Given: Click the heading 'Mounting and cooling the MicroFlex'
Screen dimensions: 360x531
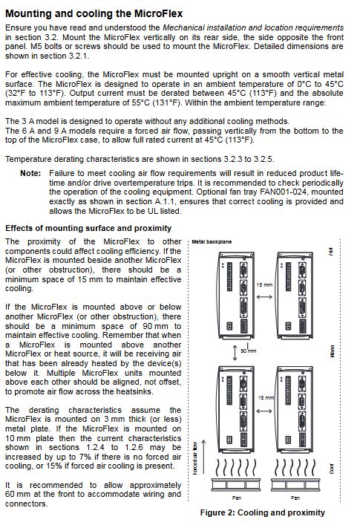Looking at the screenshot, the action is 94,13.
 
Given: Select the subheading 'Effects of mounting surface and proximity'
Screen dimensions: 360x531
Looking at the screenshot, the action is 88,228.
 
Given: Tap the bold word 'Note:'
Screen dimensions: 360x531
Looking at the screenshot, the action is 30,173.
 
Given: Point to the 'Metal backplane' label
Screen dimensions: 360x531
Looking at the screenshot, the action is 212,242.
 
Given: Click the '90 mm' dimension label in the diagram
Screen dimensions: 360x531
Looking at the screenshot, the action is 249,351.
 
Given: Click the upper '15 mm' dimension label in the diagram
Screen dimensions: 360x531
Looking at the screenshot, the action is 264,284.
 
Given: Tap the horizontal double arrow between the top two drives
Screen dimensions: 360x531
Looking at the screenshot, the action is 264,297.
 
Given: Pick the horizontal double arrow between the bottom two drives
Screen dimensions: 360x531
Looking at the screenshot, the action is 264,411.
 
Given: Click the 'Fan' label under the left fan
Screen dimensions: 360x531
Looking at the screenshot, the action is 237,498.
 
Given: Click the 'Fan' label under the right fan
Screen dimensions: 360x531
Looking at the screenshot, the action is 295,498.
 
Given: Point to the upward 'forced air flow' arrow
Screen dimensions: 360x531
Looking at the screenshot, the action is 203,457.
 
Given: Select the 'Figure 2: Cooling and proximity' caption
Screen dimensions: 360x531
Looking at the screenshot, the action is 262,512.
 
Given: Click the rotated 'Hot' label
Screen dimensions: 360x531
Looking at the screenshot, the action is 331,251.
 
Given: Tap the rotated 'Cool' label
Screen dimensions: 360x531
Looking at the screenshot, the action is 332,469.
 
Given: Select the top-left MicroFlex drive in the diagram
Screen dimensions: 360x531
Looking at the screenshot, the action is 237,296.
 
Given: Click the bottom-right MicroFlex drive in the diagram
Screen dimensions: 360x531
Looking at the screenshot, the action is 295,409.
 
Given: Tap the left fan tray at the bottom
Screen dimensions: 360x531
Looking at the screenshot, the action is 237,484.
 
